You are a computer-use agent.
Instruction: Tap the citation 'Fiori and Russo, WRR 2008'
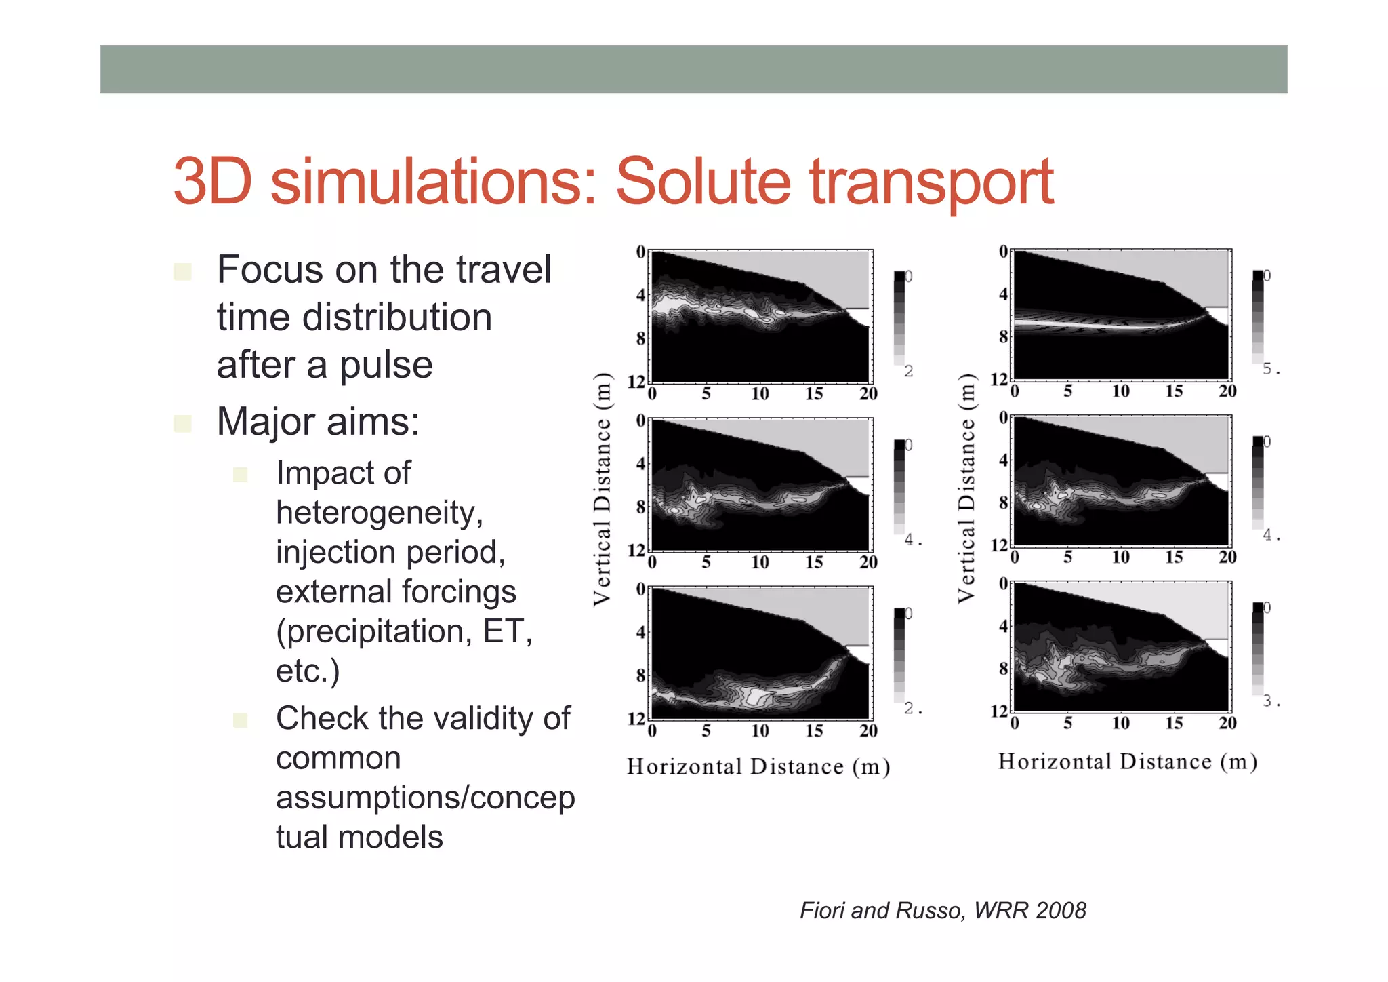(943, 909)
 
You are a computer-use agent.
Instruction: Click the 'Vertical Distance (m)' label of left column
(602, 489)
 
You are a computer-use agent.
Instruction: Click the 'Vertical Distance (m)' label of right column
(966, 489)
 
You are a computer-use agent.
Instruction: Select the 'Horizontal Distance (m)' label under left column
(758, 766)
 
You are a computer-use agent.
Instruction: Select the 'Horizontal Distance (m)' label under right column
(1127, 762)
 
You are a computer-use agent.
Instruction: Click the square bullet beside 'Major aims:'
(182, 424)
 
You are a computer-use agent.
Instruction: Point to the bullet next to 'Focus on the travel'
(182, 272)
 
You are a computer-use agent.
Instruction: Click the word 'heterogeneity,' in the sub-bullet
(380, 512)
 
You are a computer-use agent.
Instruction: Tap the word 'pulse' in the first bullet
(386, 365)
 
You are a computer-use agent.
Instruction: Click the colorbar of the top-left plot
(899, 317)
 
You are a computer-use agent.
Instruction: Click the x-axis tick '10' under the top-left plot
(760, 394)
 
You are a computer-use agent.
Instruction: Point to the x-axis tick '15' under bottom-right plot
(1174, 723)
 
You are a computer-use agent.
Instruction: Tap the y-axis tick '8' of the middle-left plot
(640, 507)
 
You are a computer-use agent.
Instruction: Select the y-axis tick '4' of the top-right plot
(1003, 294)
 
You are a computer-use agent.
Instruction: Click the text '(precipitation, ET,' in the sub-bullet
(404, 631)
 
